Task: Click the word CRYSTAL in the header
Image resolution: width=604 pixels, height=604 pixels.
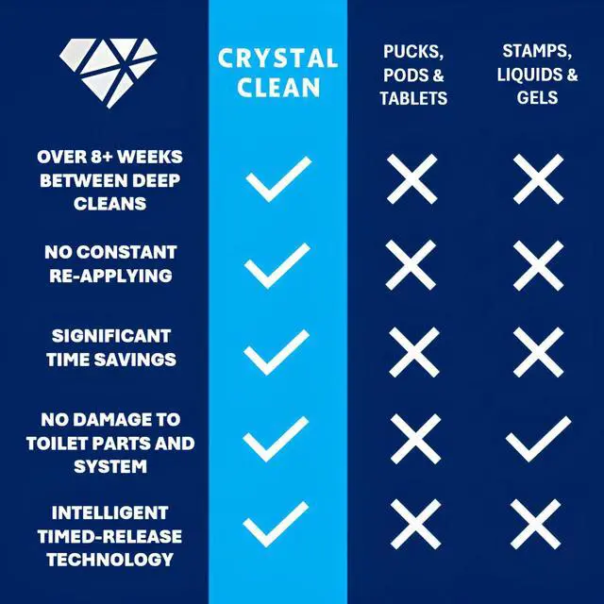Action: point(277,59)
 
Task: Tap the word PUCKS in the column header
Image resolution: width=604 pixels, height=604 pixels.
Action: point(413,52)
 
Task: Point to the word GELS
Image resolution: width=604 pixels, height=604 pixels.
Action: point(537,97)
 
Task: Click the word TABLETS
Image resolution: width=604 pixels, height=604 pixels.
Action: point(413,98)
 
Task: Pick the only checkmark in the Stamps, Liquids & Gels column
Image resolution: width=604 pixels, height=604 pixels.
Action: point(538,439)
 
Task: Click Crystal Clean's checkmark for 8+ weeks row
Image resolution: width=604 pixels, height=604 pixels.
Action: point(278,179)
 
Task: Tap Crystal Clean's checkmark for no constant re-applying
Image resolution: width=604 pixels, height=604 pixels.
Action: point(277,266)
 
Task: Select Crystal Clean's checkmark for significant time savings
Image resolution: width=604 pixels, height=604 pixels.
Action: point(277,352)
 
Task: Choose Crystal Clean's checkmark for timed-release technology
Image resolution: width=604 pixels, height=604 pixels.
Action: point(276,525)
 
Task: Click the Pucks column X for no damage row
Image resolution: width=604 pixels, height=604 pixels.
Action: point(415,439)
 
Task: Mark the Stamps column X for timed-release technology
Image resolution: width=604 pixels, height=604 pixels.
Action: point(535,525)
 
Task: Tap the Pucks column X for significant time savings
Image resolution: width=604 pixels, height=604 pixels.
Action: point(414,352)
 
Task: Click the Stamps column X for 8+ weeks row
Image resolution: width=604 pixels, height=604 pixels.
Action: point(539,179)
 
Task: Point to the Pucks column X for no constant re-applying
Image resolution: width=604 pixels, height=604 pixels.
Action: point(411,265)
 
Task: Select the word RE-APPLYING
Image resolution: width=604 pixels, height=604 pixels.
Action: point(110,276)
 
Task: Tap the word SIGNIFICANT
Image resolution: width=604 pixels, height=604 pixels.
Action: point(111,336)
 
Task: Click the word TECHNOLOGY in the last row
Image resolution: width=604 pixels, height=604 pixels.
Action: point(109,560)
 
